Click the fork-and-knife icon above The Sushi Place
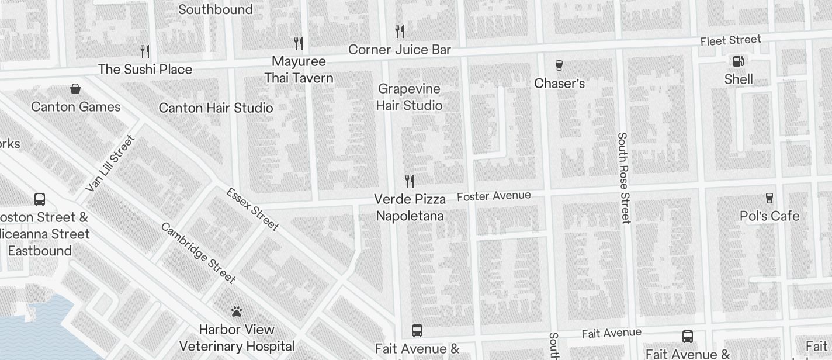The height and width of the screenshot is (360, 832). (x=145, y=51)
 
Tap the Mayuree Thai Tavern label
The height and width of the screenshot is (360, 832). (x=299, y=70)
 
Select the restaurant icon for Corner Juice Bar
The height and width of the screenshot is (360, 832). (x=400, y=31)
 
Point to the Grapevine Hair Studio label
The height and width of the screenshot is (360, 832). (x=409, y=97)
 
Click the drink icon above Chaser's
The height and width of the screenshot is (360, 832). (x=559, y=65)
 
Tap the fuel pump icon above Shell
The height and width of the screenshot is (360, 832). (x=738, y=61)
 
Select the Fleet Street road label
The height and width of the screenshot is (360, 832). (x=730, y=40)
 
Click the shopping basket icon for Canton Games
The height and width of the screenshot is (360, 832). (x=75, y=89)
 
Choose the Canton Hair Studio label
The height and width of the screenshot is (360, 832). (x=216, y=108)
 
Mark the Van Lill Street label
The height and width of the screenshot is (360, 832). (x=110, y=164)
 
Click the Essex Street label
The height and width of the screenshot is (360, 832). (x=252, y=209)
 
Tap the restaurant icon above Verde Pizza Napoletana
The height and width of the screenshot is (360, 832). (x=410, y=181)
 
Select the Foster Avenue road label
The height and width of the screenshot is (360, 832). (x=494, y=196)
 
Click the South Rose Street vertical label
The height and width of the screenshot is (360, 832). (x=623, y=178)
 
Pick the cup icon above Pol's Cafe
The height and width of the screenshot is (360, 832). (x=769, y=198)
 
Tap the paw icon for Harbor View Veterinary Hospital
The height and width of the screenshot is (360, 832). (x=236, y=311)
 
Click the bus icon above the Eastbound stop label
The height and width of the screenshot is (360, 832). (x=40, y=199)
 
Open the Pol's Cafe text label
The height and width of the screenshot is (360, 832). (x=769, y=216)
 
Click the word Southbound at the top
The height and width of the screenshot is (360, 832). (x=215, y=9)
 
